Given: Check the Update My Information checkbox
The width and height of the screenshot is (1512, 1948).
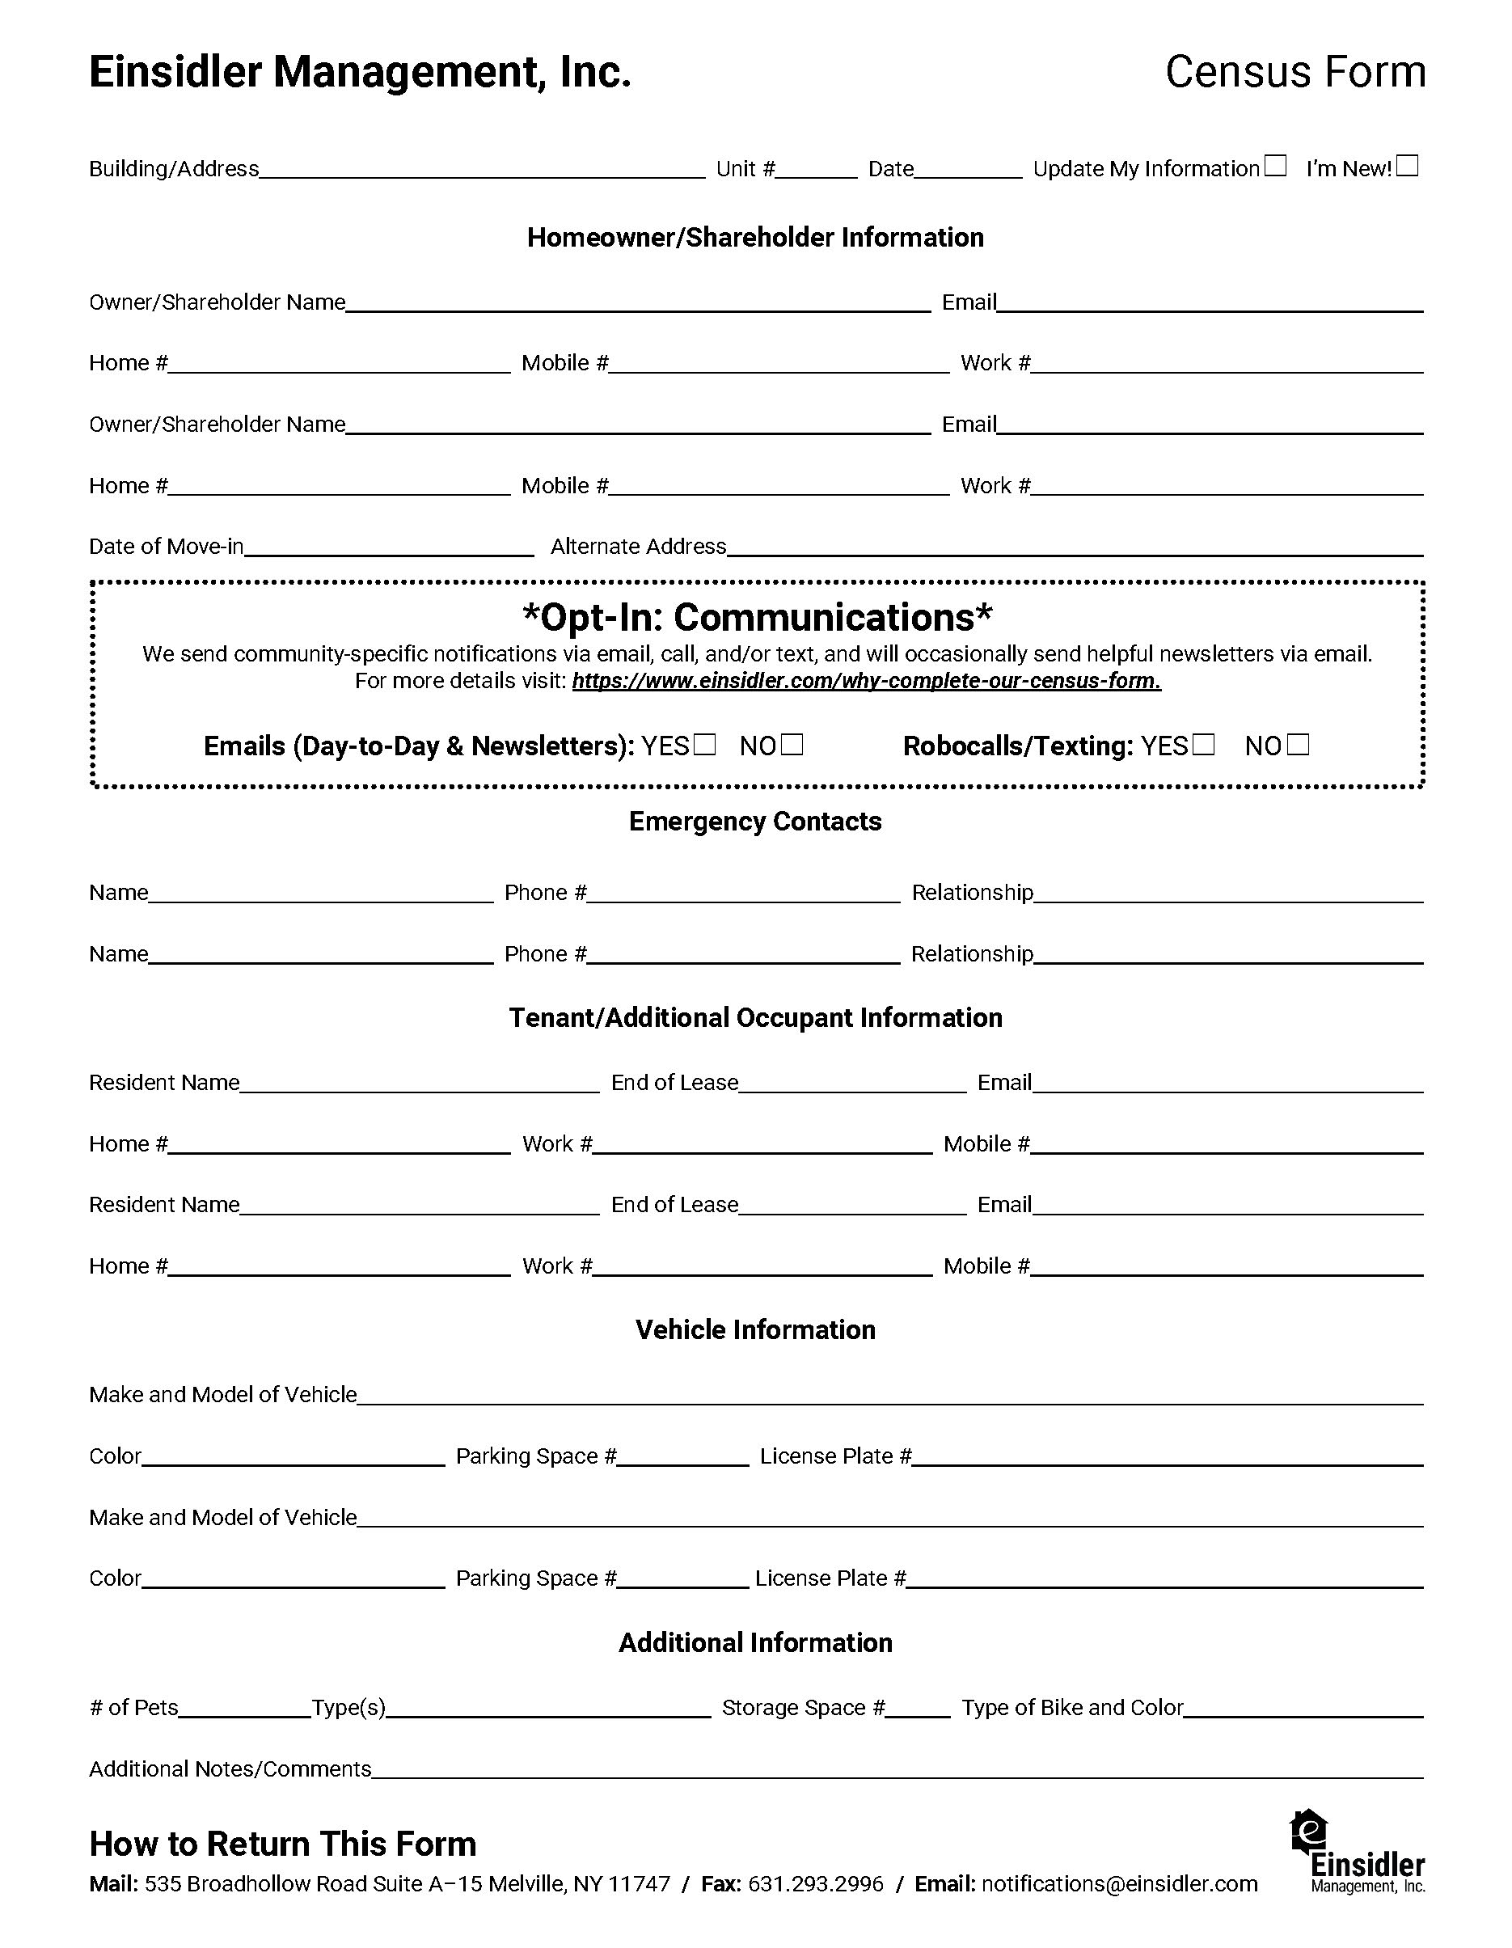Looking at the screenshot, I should (1276, 166).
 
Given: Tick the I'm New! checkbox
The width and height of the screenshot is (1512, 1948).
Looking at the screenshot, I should (1407, 166).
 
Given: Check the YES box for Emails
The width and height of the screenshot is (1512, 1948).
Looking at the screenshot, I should (705, 745).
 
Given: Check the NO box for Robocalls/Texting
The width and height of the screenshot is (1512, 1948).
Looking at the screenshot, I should (1299, 745).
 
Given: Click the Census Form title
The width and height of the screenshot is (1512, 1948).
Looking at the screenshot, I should (1295, 72).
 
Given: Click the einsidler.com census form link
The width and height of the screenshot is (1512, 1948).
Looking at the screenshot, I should (866, 682).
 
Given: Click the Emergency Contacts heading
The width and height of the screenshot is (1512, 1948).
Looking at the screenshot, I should (754, 822).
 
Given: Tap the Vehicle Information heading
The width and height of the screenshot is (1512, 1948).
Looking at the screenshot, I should (754, 1330).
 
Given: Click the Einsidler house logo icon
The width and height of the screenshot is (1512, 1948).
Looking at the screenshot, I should (1308, 1832).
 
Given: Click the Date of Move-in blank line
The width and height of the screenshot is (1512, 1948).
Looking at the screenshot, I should (389, 553).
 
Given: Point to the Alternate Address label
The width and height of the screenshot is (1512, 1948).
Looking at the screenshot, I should (638, 547).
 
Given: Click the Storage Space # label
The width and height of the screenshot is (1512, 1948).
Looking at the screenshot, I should (803, 1708).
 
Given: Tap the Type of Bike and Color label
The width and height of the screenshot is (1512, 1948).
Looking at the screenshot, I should (1072, 1708).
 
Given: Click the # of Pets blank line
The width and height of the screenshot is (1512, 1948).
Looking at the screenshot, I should (244, 1714).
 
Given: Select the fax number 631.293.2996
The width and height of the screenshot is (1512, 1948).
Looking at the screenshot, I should (815, 1884).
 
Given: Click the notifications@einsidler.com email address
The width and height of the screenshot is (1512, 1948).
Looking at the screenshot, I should (1120, 1884).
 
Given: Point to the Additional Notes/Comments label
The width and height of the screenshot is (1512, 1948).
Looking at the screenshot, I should (230, 1769).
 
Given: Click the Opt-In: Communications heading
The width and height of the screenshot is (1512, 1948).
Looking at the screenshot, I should (757, 617).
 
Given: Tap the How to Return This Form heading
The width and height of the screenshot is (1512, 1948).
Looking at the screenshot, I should (283, 1844).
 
